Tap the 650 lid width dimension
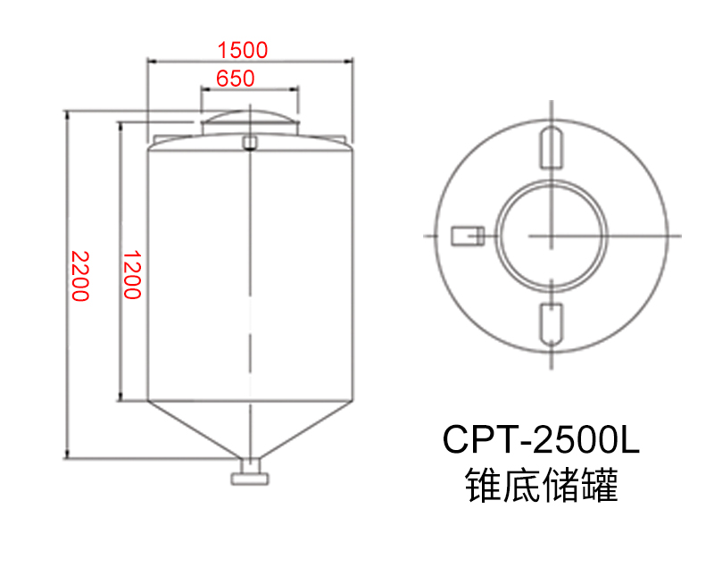[236, 79]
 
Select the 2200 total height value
[80, 276]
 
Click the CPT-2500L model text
[542, 440]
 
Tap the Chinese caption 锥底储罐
[542, 487]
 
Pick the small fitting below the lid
[250, 141]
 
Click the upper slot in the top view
[552, 146]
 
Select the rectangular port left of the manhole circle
[466, 235]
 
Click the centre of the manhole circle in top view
[552, 235]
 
